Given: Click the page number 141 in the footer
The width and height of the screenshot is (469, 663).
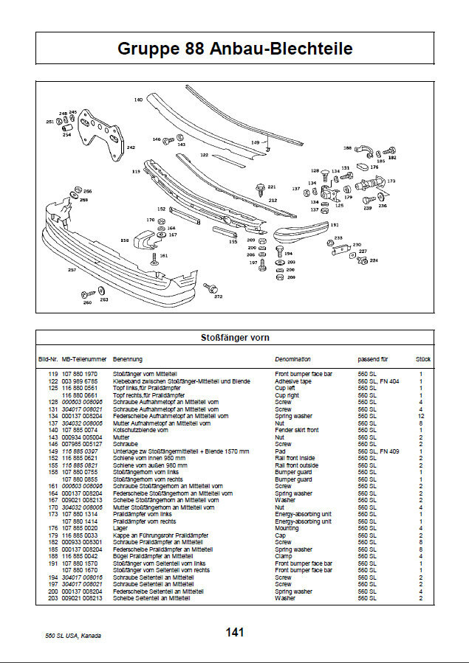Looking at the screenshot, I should point(235,632).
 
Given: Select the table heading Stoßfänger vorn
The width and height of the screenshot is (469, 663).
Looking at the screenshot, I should point(234,338).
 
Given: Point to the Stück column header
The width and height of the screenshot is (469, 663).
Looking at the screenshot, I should point(423,359).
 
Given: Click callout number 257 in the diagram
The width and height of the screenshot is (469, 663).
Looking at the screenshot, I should point(72,271).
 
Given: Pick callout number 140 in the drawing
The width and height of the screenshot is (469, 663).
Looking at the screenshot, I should point(137,99).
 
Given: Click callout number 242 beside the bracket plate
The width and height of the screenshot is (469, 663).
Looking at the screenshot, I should point(131,147).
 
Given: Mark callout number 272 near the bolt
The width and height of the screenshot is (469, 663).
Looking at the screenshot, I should point(218,296).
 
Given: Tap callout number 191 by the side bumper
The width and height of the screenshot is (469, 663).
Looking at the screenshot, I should point(335,224).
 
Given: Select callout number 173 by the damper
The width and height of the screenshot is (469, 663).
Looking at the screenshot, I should point(391,180).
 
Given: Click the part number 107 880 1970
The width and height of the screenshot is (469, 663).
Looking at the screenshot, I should point(81,375).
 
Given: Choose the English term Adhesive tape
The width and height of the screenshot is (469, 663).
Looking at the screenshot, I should point(293,381).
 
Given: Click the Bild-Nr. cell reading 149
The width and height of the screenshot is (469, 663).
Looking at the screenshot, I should point(53,451).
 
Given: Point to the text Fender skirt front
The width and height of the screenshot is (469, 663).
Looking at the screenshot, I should point(297,430).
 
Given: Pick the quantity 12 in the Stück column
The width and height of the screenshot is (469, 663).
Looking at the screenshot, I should point(421,416).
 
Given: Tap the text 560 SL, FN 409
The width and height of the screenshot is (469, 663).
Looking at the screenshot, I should point(378,451).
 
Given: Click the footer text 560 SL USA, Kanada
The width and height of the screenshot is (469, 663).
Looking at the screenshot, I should point(73,636).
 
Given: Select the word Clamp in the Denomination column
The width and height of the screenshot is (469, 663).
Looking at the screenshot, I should point(284,555).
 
